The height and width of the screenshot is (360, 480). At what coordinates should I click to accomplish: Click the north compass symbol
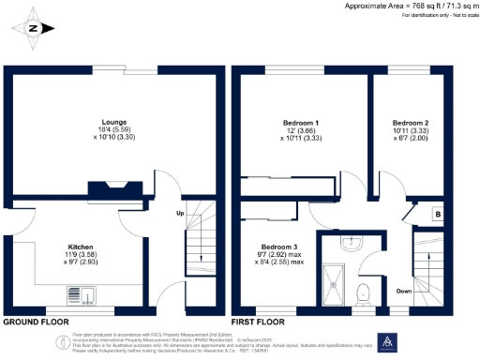(x=34, y=27)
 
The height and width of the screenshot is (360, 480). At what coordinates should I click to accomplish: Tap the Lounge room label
(x=114, y=122)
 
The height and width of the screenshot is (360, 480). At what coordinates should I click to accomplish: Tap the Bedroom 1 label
(x=301, y=123)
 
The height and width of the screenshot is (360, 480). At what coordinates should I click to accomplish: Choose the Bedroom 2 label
(x=411, y=123)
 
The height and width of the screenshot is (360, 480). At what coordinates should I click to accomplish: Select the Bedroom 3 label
(x=273, y=246)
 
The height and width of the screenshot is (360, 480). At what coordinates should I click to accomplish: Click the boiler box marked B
(x=437, y=215)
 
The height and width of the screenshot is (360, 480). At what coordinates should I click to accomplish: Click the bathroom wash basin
(x=361, y=245)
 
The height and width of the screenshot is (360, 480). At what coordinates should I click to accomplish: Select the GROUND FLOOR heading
(x=37, y=322)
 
